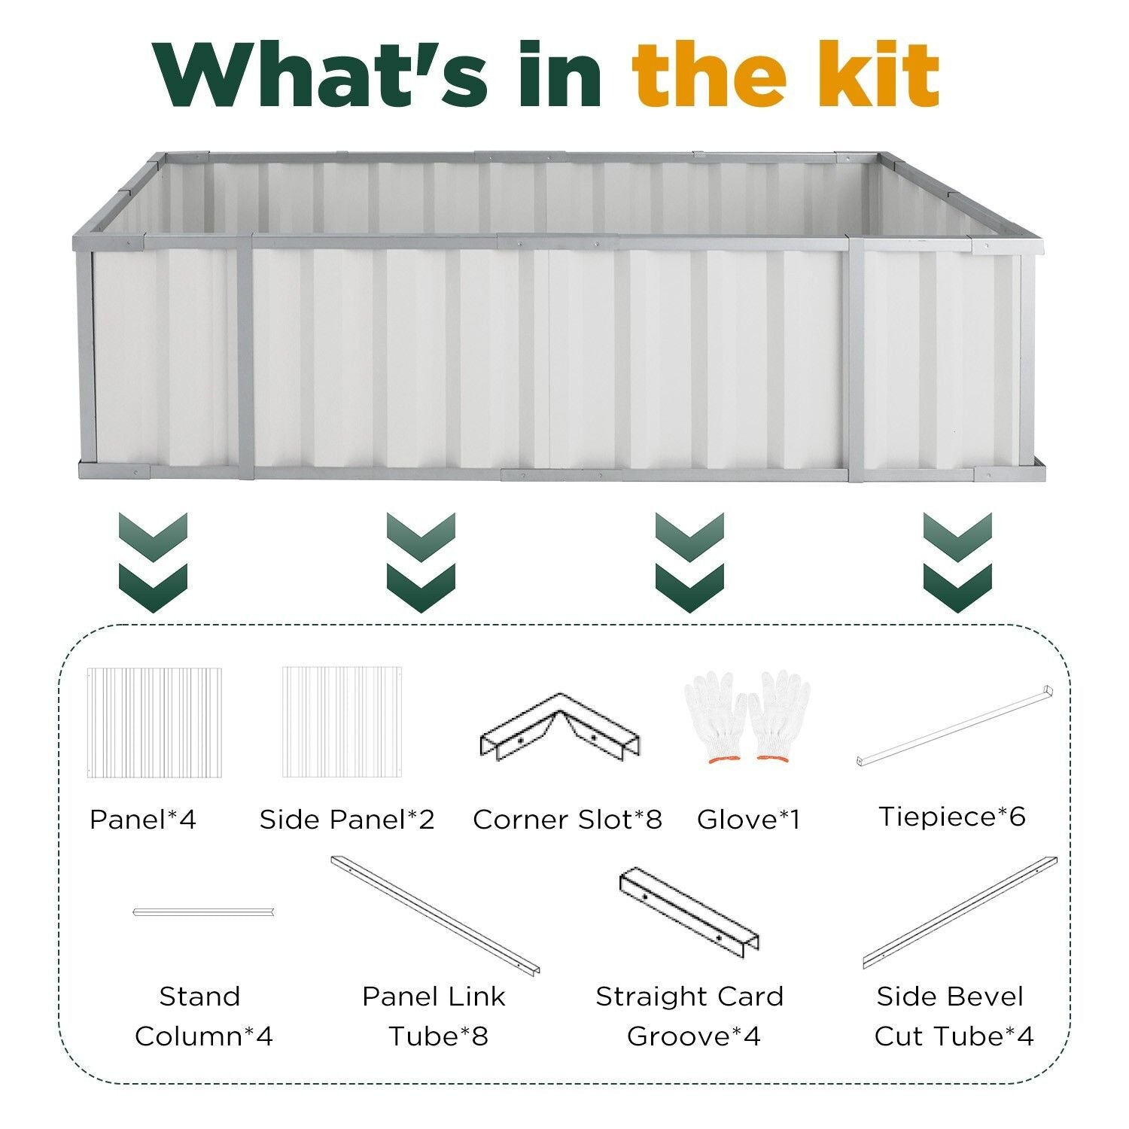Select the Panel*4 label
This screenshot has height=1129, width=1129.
tap(143, 819)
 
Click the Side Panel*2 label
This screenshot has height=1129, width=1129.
tap(347, 819)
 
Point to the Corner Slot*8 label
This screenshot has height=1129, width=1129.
tap(568, 819)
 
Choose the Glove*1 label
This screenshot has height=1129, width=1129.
tap(749, 819)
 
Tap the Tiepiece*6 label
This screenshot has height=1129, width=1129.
tap(952, 816)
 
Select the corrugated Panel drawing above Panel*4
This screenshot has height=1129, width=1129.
tap(154, 723)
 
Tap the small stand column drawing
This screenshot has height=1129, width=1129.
tap(203, 911)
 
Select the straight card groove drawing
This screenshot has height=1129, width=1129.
tap(689, 913)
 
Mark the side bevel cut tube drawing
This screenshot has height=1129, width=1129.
tap(960, 912)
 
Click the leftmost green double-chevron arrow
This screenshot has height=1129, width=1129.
tap(153, 561)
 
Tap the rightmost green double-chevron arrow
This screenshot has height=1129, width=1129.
tap(957, 561)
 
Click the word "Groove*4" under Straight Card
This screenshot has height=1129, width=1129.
tap(693, 1036)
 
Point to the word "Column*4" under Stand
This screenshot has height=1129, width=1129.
tap(203, 1036)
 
